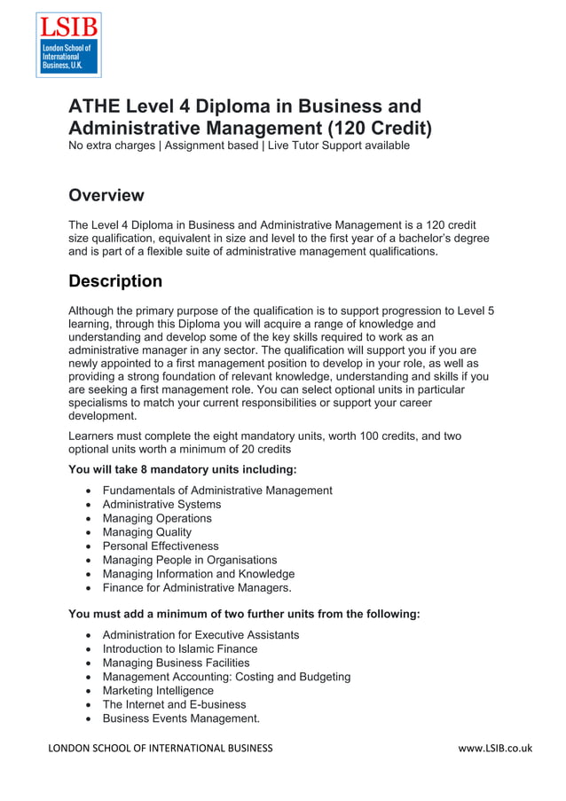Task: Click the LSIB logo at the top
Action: [67, 45]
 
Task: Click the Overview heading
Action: [106, 195]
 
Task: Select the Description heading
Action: [115, 281]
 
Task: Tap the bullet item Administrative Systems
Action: [161, 504]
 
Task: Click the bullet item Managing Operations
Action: [157, 518]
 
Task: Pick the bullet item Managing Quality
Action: [146, 532]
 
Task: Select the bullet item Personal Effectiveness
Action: [160, 546]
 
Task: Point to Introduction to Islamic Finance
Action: [179, 648]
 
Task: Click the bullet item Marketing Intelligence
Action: [158, 690]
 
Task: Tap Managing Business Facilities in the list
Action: [176, 663]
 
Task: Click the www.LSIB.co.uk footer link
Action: [495, 748]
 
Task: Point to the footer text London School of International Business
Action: [161, 748]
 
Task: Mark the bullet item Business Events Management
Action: [181, 719]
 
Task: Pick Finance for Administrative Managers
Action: [196, 587]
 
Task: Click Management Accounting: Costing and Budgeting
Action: [226, 677]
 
